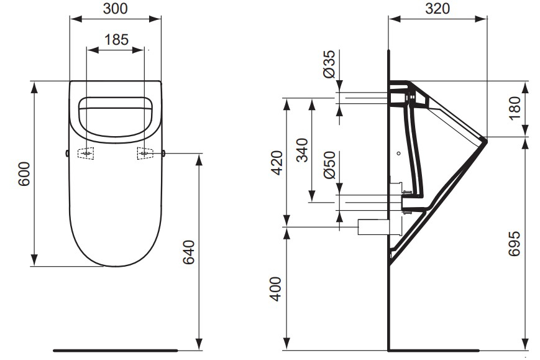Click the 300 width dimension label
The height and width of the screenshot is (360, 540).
[x=116, y=8]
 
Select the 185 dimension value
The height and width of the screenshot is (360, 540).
[x=116, y=40]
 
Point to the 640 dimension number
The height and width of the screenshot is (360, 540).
[x=190, y=252]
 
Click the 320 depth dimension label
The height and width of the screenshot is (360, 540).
[x=437, y=8]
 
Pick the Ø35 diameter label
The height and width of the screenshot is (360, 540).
[x=329, y=63]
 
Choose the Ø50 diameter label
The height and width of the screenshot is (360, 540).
[x=329, y=165]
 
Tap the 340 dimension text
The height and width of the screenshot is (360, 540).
[x=302, y=150]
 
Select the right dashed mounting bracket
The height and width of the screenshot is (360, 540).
[x=146, y=153]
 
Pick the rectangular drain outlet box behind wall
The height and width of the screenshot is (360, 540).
[x=372, y=228]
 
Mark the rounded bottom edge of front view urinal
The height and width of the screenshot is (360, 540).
[x=116, y=266]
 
